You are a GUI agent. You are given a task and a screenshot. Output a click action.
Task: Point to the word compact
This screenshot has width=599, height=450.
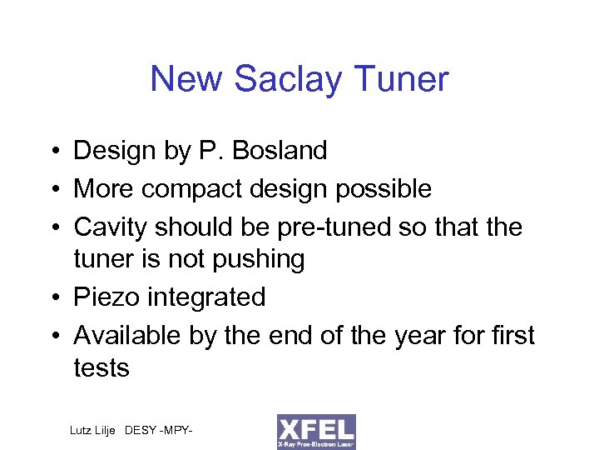pyautogui.click(x=187, y=189)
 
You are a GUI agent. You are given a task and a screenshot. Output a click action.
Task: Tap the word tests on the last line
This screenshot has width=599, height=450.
pyautogui.click(x=101, y=367)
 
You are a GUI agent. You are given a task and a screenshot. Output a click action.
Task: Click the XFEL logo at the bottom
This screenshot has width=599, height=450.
pyautogui.click(x=316, y=432)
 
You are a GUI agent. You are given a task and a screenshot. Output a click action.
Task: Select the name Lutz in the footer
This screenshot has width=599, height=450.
pyautogui.click(x=82, y=430)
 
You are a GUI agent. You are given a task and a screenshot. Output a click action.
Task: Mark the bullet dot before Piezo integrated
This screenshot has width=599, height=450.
pyautogui.click(x=54, y=297)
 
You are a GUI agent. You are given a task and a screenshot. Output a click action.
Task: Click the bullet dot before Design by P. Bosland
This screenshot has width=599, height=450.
pyautogui.click(x=54, y=152)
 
